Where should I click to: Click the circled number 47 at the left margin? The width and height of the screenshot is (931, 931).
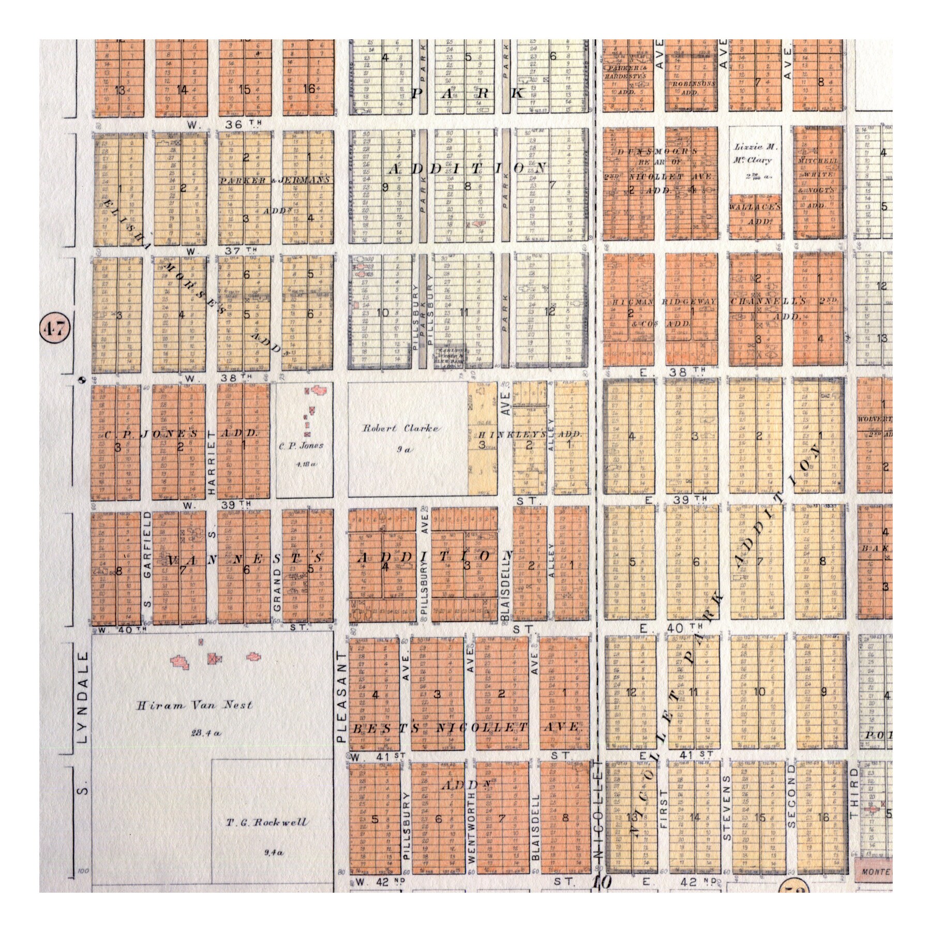[x=55, y=328]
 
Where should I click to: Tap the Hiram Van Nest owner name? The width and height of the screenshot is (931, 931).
[x=194, y=705]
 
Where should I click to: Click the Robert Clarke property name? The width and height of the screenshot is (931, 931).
[x=401, y=428]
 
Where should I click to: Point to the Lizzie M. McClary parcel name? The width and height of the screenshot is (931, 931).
[x=755, y=154]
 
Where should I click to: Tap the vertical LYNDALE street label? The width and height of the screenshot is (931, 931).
[x=84, y=698]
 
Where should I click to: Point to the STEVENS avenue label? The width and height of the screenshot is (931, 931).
[x=727, y=815]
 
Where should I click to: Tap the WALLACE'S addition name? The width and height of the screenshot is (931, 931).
[x=755, y=206]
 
